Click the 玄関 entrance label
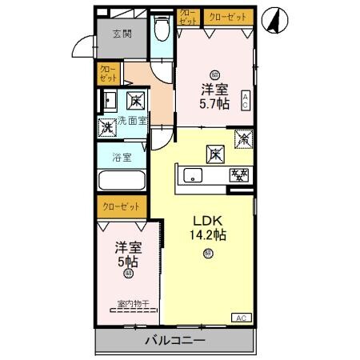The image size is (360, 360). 122,34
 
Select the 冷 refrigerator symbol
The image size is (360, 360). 242,138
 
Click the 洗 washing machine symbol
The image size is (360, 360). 106,126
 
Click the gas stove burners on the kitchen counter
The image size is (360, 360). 238,174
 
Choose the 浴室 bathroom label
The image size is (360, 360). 122,158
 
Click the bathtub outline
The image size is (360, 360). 122,181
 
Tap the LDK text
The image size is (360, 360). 207,221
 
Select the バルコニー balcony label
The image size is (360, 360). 174,342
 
